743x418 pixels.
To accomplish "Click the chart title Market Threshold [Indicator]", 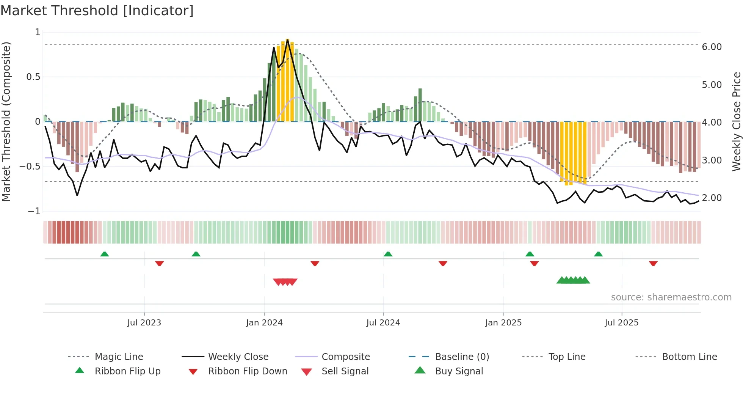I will (x=97, y=11).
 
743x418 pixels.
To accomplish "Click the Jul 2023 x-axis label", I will (x=144, y=323).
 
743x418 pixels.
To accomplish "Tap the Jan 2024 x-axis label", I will (x=264, y=323).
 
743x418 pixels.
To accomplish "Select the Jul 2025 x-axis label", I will (x=622, y=323).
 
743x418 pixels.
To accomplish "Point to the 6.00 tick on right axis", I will (x=712, y=47).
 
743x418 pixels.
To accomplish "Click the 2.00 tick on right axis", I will (x=712, y=198).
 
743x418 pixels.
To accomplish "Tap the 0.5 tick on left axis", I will (x=33, y=77).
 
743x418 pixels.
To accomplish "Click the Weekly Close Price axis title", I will (x=736, y=121).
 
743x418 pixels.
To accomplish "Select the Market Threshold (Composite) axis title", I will (x=6, y=121).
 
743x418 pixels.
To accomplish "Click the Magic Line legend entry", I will (x=119, y=357).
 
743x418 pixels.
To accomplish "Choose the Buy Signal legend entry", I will (x=459, y=371).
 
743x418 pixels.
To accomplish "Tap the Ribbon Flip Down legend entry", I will (x=248, y=371).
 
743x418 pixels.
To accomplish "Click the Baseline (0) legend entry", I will (x=462, y=357).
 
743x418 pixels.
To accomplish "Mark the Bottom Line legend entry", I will (x=689, y=357).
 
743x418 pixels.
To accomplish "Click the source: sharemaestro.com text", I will (x=671, y=297).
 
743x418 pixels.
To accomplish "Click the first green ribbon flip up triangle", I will (x=105, y=254).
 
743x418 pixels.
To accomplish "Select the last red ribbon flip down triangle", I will (x=653, y=264).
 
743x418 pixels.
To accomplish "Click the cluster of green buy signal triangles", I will (x=573, y=280).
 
